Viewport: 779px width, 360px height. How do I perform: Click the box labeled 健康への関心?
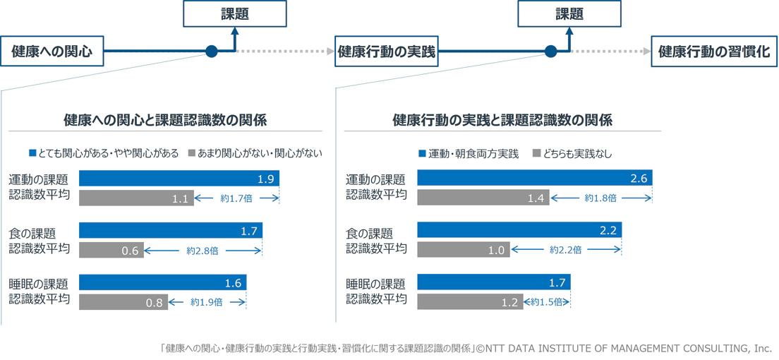tap(52, 52)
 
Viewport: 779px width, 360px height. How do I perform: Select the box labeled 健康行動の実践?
tap(385, 52)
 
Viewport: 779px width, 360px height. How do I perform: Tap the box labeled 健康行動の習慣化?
tap(713, 52)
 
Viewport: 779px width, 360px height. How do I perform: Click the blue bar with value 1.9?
tap(179, 178)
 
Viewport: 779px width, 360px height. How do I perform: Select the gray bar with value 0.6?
tap(111, 250)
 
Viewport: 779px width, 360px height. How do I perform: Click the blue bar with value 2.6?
tap(534, 178)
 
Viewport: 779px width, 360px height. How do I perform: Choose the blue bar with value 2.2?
tap(519, 231)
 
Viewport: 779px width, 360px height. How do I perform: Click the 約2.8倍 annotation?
tap(201, 251)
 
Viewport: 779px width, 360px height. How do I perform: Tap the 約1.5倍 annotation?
tap(546, 302)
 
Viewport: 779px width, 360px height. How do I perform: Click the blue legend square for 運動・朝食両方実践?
tap(422, 153)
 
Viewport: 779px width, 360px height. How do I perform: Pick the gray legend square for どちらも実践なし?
tap(536, 153)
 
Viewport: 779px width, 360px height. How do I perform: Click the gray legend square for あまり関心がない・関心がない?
tap(193, 153)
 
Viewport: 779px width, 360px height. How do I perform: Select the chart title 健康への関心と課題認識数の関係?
tap(165, 120)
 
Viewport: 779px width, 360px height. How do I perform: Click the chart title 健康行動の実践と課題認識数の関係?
tap(502, 120)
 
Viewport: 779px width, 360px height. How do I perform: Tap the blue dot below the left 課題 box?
tap(210, 52)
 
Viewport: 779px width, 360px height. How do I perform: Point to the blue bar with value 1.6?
tap(162, 282)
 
